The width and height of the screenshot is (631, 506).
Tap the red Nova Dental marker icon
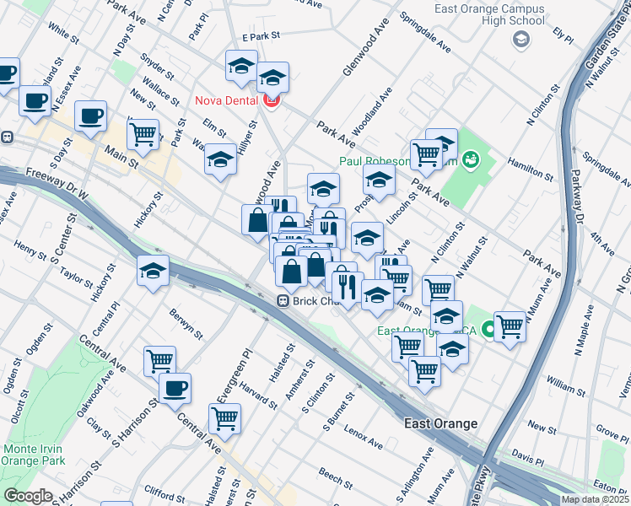click(271, 101)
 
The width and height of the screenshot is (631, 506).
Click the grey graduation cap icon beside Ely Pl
click(520, 39)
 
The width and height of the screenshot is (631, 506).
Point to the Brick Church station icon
click(284, 300)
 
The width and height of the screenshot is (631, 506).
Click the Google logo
click(28, 496)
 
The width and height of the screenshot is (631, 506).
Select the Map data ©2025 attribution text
click(595, 499)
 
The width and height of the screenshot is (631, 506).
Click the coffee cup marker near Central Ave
click(175, 389)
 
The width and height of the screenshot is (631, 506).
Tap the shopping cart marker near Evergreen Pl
click(224, 417)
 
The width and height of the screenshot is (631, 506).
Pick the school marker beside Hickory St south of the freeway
click(153, 271)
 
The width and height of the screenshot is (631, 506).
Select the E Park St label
click(260, 37)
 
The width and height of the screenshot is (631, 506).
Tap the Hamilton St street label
click(529, 166)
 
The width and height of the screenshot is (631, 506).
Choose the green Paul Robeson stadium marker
click(472, 158)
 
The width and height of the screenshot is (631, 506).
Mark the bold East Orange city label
click(440, 423)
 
